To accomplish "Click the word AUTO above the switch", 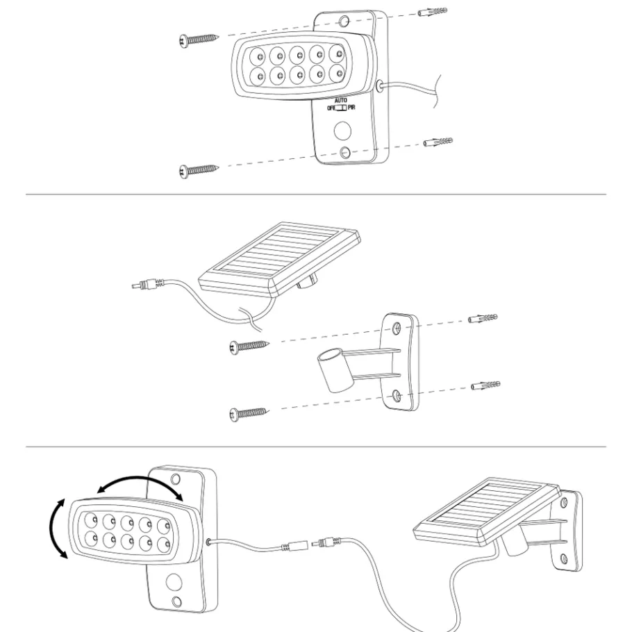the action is click(340, 100).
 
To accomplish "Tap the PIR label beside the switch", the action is click(352, 108).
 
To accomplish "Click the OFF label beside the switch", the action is click(331, 108).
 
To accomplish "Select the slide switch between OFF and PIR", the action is click(341, 108).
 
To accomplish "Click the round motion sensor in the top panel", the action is click(342, 131).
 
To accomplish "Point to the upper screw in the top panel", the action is click(199, 40).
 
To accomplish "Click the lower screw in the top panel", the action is click(199, 170).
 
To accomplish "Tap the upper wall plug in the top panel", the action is click(433, 12).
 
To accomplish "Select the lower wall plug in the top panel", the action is click(438, 142).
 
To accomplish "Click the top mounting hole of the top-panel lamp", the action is click(344, 21).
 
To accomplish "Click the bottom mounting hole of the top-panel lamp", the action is click(345, 152).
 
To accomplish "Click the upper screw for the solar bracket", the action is click(249, 347).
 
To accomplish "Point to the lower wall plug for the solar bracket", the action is click(485, 385).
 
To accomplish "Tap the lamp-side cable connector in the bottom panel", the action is click(294, 547).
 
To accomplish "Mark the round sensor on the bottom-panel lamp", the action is click(174, 583).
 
